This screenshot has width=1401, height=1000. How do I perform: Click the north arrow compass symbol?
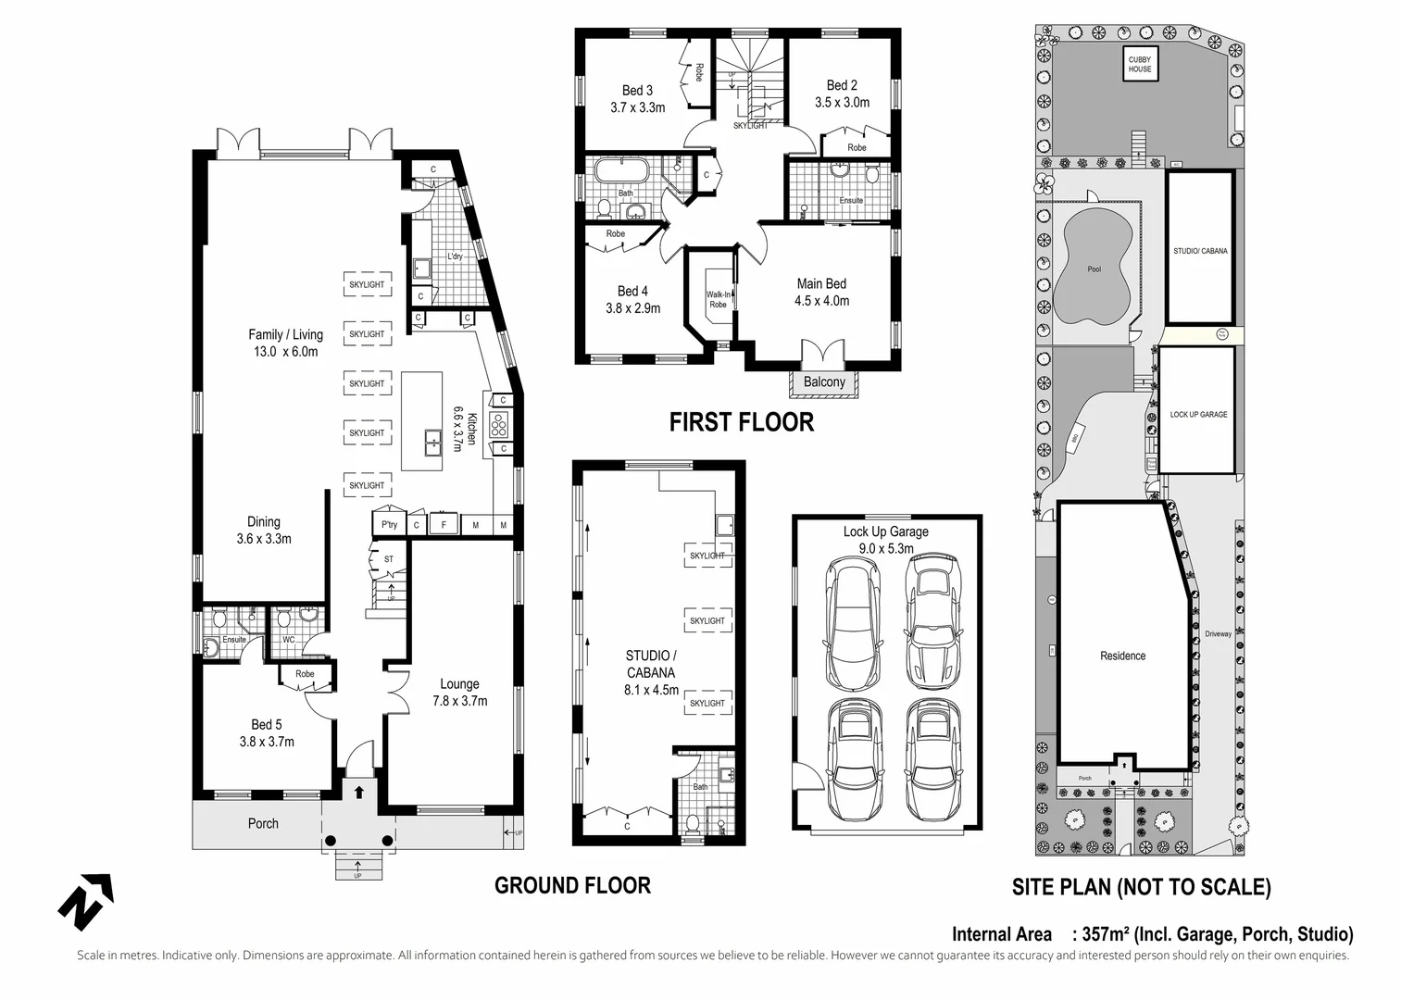point(86,900)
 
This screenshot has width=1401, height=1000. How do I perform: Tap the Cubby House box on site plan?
point(1139,64)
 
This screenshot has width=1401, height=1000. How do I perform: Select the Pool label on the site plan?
point(1095,269)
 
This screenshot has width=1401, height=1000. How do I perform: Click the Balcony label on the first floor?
point(823,382)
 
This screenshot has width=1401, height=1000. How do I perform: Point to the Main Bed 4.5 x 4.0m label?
point(821,293)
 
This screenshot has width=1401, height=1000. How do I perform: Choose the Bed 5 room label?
point(266,732)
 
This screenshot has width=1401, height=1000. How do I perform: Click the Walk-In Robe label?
point(718,299)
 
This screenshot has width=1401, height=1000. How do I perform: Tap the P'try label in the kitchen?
point(389,525)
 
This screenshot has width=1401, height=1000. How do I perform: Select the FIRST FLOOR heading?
point(741,422)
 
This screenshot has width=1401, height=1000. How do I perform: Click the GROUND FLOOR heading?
point(572,885)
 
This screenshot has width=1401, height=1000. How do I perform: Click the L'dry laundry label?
point(455,256)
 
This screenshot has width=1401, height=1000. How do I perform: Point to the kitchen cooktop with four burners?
point(500,424)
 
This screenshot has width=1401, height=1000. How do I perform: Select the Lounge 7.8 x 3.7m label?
point(459,693)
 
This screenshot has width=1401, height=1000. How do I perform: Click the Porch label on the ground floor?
point(263,823)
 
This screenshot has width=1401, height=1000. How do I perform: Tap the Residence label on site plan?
point(1122,656)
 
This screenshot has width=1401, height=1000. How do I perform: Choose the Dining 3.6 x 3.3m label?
point(264,530)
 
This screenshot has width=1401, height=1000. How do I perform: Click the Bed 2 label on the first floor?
point(842,94)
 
